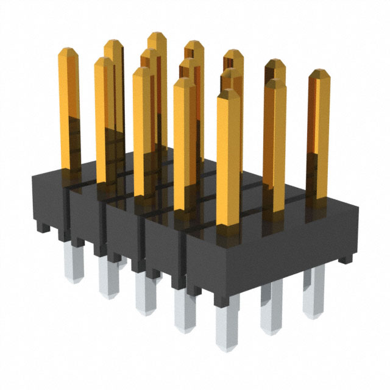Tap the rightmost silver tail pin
point(314,299)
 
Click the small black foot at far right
point(346,258)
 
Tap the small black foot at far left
point(41,227)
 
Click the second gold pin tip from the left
point(103,62)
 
